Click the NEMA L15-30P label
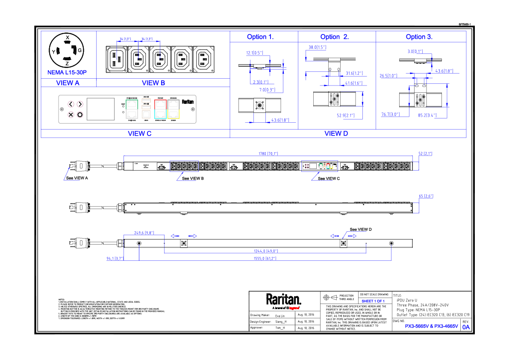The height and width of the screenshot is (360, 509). click(x=67, y=73)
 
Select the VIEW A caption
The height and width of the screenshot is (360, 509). click(x=68, y=83)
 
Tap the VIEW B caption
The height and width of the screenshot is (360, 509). click(x=153, y=83)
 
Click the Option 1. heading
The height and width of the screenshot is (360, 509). click(x=260, y=37)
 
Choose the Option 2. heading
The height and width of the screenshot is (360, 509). click(x=334, y=37)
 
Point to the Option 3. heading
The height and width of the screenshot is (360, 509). click(x=419, y=37)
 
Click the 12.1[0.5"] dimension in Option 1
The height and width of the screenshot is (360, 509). click(x=255, y=53)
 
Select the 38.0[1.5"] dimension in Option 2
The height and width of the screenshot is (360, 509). click(x=318, y=47)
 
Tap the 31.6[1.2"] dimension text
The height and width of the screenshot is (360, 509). click(x=354, y=74)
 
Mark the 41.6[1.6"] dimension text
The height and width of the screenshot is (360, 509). click(x=353, y=83)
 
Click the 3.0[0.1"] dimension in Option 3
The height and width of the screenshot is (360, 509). click(x=415, y=52)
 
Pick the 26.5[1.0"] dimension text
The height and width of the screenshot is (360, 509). click(x=388, y=76)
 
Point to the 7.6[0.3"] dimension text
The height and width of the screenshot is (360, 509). click(x=267, y=90)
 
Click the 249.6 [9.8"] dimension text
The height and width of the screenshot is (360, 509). click(x=144, y=233)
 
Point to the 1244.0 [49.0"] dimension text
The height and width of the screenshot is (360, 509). click(x=266, y=251)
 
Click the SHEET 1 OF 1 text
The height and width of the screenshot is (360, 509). click(x=373, y=301)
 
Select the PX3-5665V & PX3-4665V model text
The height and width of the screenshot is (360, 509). click(x=431, y=327)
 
